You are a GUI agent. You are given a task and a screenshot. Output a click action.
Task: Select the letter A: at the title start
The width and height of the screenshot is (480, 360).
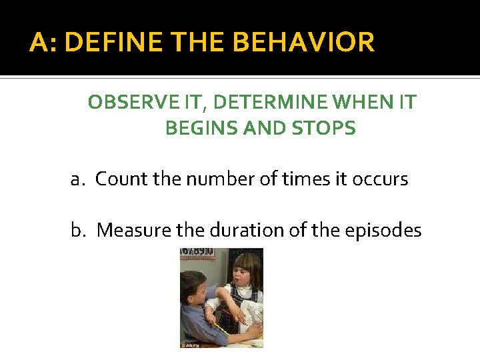click(43, 43)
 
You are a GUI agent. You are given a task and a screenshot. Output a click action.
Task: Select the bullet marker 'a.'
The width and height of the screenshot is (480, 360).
click(79, 179)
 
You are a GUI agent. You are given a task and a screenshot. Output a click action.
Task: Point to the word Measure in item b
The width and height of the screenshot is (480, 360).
click(133, 230)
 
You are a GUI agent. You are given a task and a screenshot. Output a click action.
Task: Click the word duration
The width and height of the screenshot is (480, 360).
click(232, 230)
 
